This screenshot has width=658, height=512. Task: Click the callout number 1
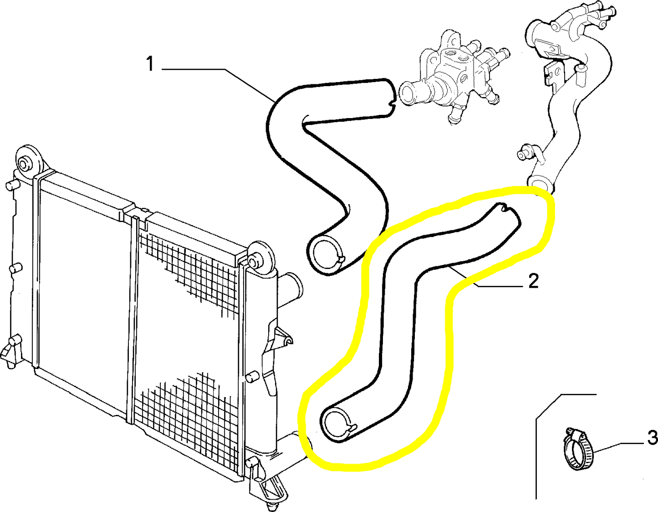[x=150, y=64]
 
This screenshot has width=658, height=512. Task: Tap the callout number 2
[x=533, y=281]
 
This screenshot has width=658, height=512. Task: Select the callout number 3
[x=652, y=438]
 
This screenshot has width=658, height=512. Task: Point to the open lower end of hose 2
[x=336, y=424]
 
